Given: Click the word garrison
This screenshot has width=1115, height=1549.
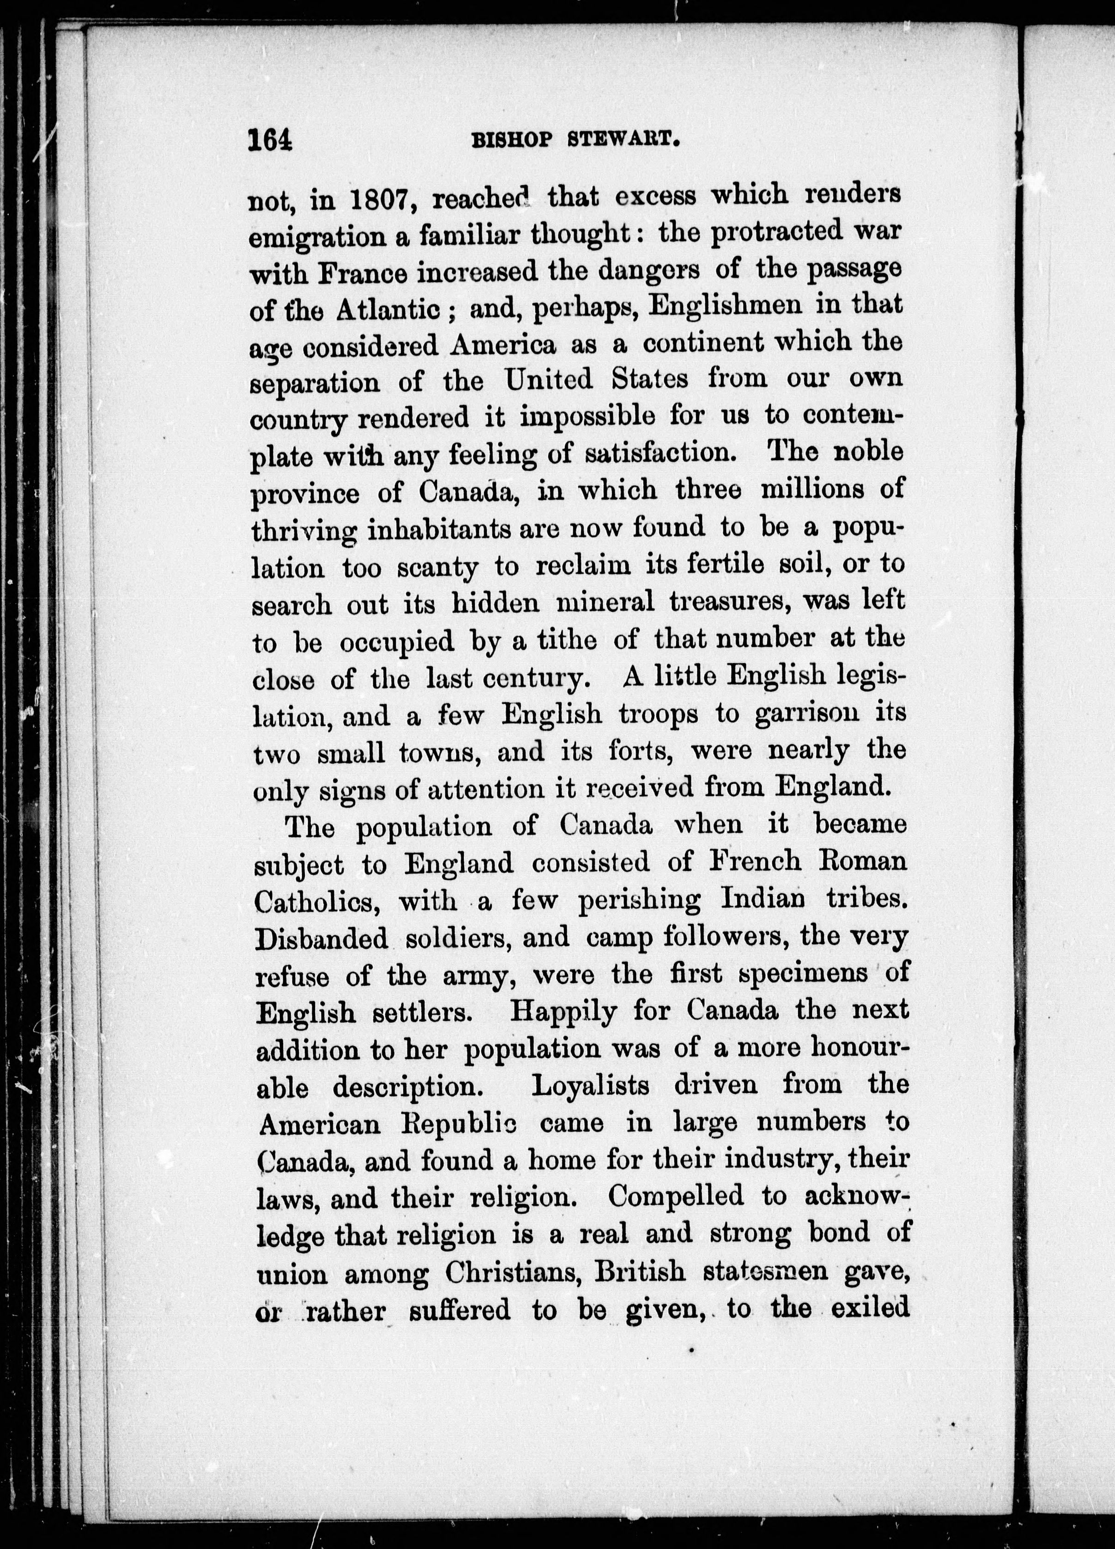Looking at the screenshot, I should click(807, 713).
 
